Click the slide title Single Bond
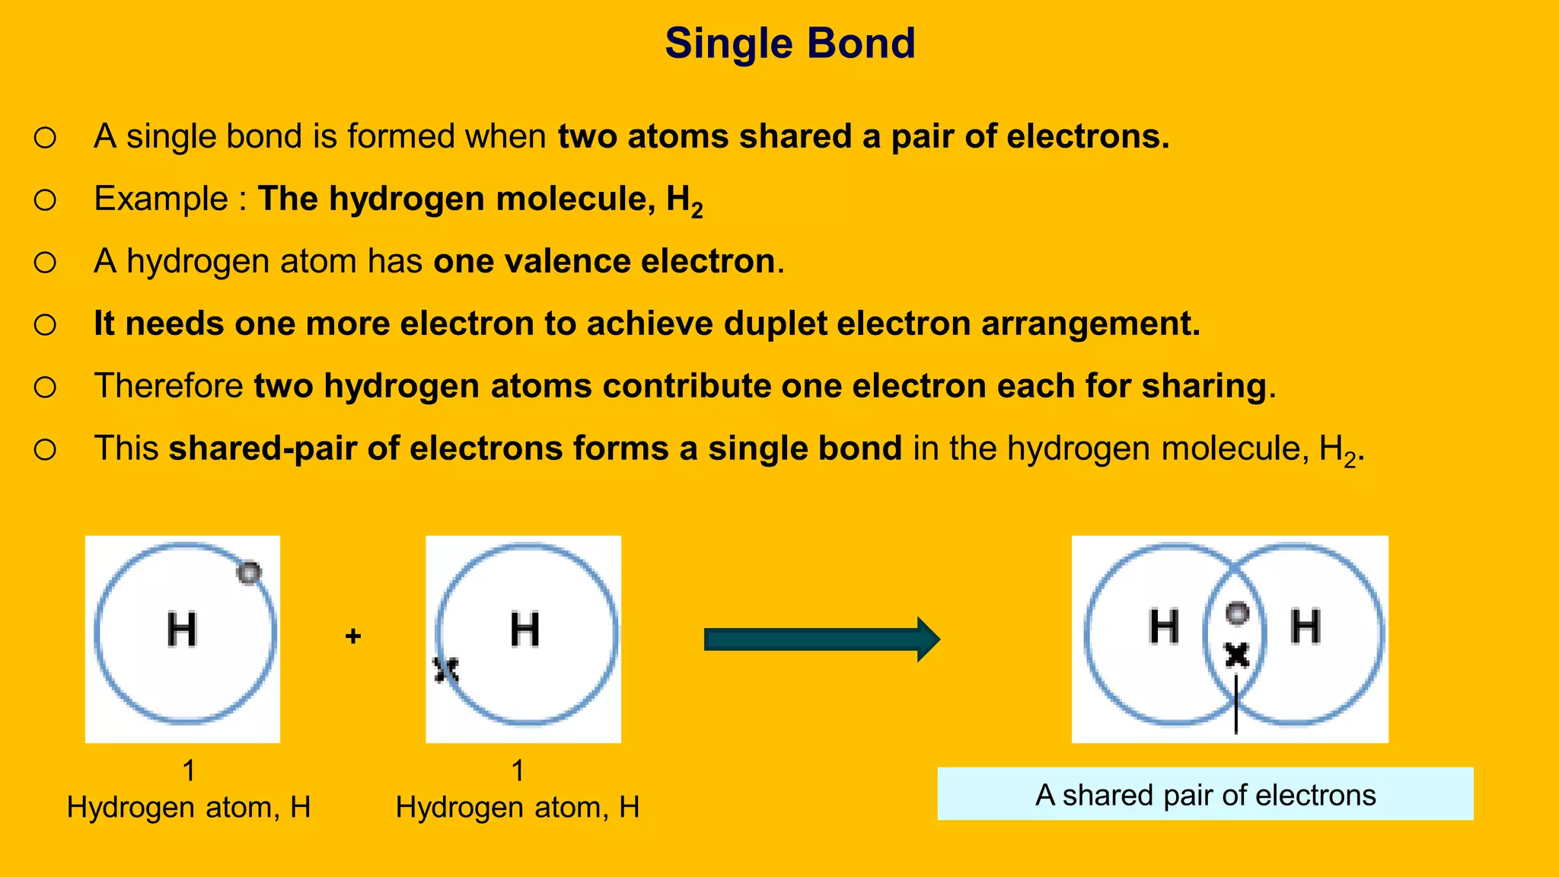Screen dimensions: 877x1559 point(789,43)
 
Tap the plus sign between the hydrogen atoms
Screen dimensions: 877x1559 point(352,636)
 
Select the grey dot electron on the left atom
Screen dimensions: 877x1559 point(249,572)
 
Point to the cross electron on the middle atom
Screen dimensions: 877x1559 point(446,670)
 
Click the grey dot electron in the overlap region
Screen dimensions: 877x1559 point(1237,613)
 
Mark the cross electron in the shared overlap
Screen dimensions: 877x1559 point(1237,654)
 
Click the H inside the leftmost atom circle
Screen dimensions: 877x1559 point(182,630)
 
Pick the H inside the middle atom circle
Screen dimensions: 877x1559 point(524,630)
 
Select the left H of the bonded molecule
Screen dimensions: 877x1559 point(1164,627)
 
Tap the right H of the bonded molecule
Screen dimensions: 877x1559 point(1305,627)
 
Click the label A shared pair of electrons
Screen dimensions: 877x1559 point(1205,795)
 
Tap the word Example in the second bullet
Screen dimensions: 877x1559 point(161,199)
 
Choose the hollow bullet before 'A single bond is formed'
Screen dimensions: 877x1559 point(45,137)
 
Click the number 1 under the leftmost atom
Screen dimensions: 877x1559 point(189,770)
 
